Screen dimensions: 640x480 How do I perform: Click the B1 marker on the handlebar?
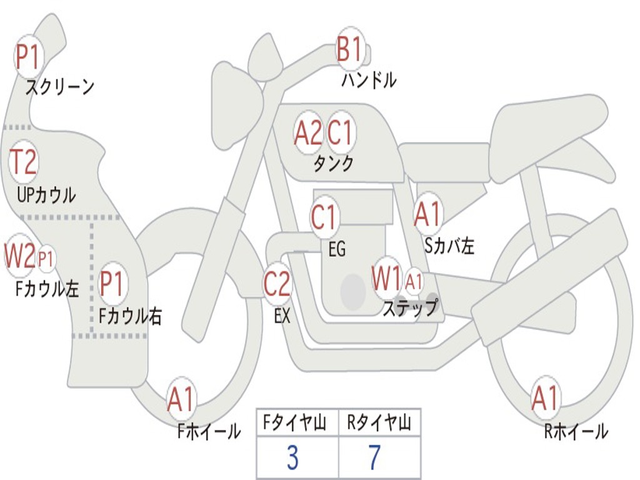(x=350, y=49)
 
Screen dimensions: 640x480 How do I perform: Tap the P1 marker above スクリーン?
(x=27, y=57)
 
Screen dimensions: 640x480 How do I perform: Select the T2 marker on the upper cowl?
(x=23, y=162)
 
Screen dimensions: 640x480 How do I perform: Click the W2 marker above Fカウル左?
(x=19, y=256)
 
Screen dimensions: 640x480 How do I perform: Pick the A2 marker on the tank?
(x=308, y=132)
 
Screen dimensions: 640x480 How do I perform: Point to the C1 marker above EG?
(x=324, y=217)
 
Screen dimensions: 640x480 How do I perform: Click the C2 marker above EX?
(x=277, y=284)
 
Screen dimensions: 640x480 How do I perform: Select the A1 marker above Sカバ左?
(x=427, y=214)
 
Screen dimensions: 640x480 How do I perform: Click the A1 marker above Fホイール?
(x=181, y=398)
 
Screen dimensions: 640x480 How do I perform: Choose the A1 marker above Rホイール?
(x=545, y=398)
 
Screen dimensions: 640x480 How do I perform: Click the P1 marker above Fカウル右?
(x=112, y=283)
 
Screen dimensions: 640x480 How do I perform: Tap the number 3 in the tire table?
(x=292, y=458)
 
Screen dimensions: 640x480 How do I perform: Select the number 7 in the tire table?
(x=375, y=458)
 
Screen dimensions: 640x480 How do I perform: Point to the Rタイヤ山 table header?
(x=379, y=422)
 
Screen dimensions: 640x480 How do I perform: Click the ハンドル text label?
(x=369, y=80)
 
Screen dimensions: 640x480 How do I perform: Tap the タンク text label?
(x=334, y=164)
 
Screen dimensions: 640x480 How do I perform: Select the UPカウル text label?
(x=46, y=195)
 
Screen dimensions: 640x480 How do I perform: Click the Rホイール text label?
(x=576, y=431)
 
